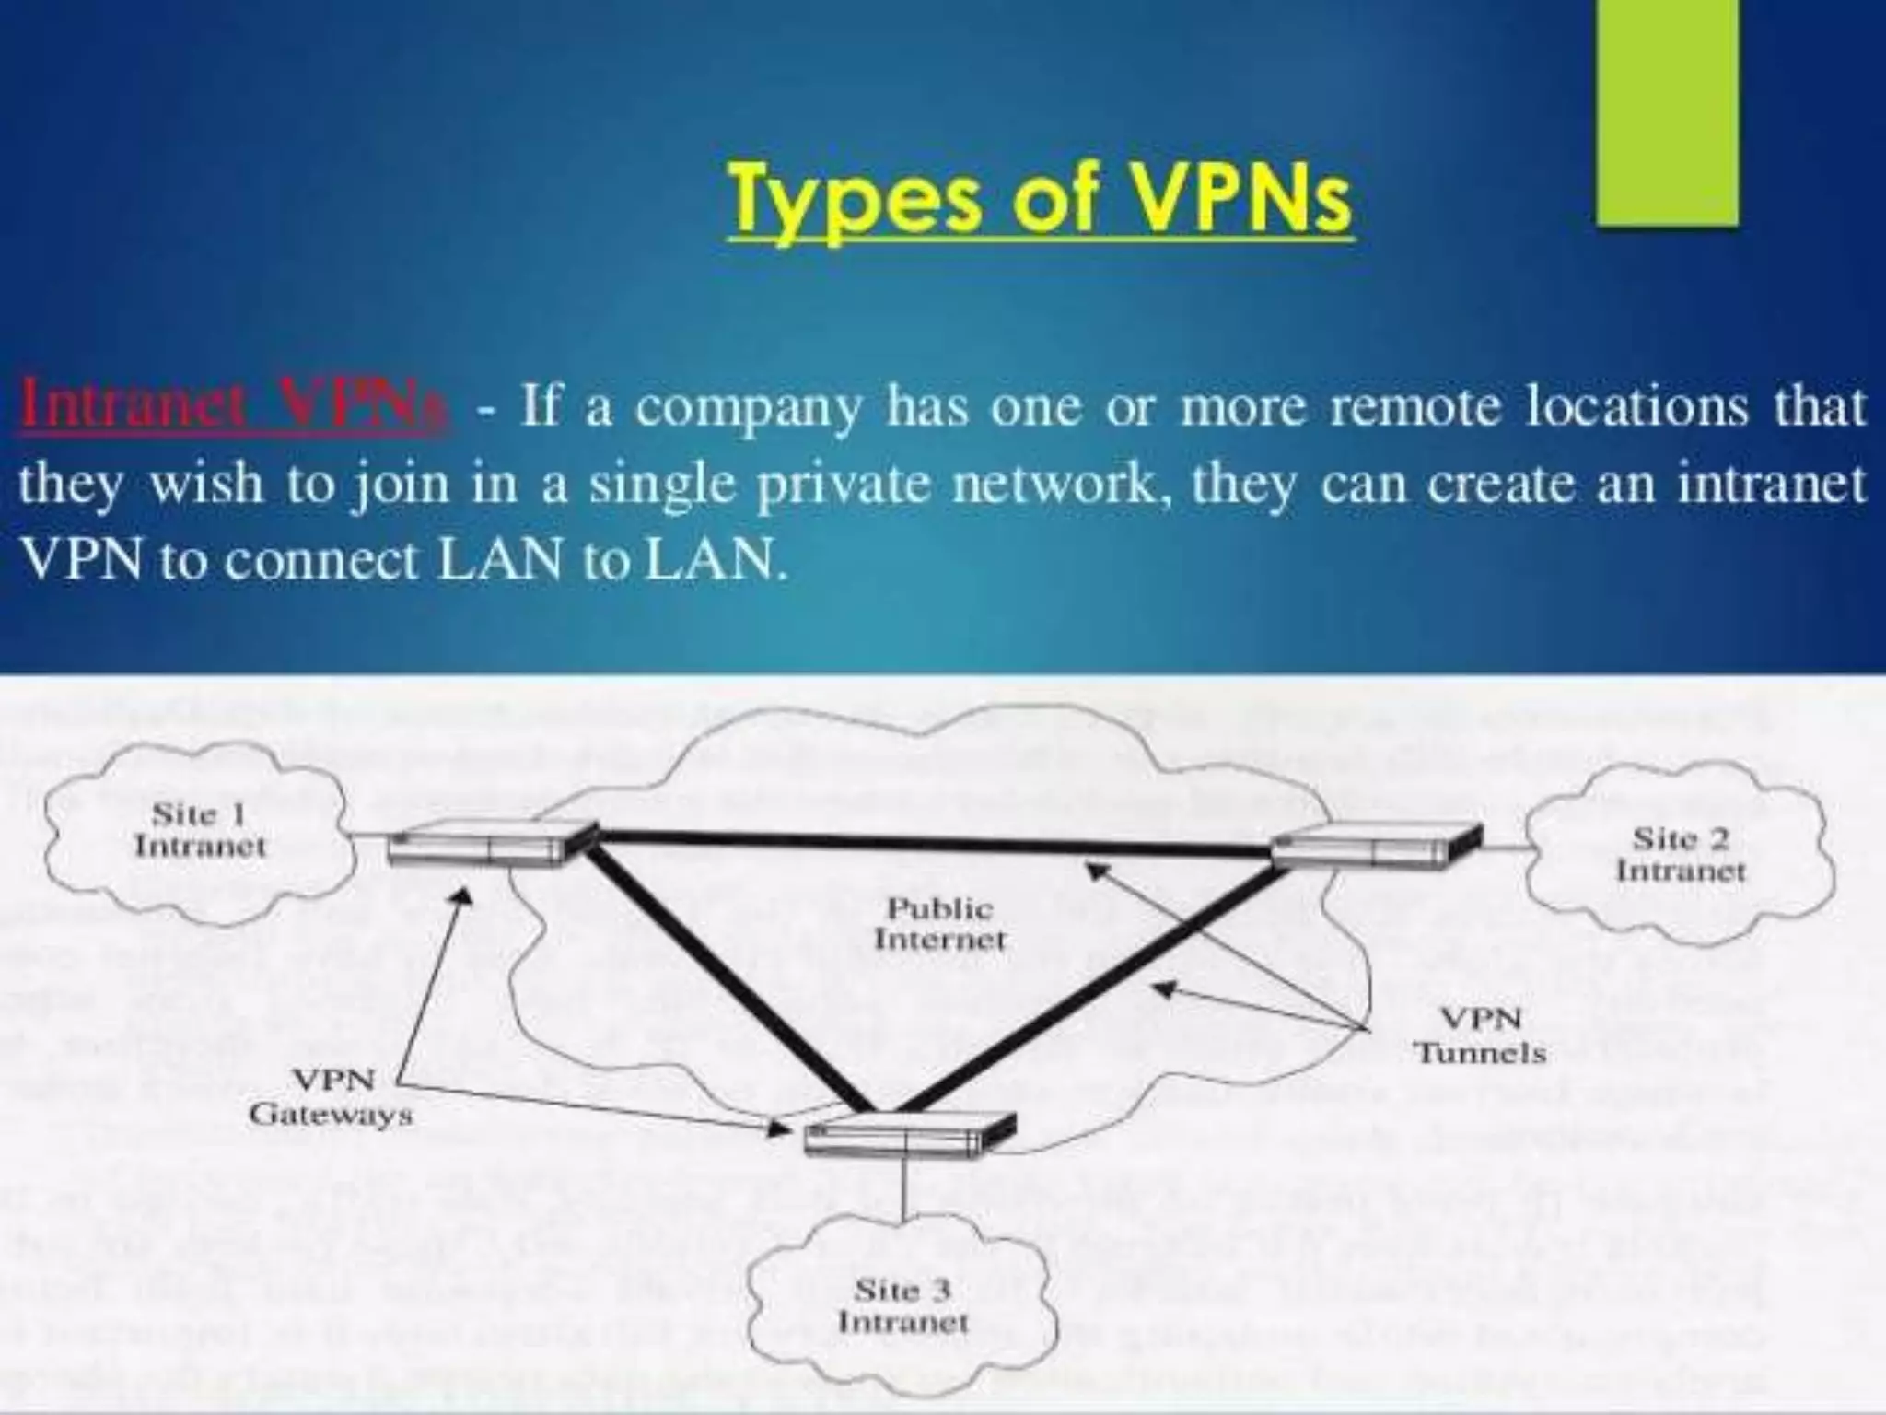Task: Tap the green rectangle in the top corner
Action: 1667,111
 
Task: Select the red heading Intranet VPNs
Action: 235,406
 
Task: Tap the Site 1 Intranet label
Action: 199,829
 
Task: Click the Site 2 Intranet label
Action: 1681,854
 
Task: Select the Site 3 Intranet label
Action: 902,1305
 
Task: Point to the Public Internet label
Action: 939,924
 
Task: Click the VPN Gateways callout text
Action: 332,1096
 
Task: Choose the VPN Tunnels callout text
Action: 1480,1035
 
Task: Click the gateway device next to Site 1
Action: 488,843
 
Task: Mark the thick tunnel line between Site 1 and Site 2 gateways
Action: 930,840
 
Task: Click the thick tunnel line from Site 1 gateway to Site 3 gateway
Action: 728,976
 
